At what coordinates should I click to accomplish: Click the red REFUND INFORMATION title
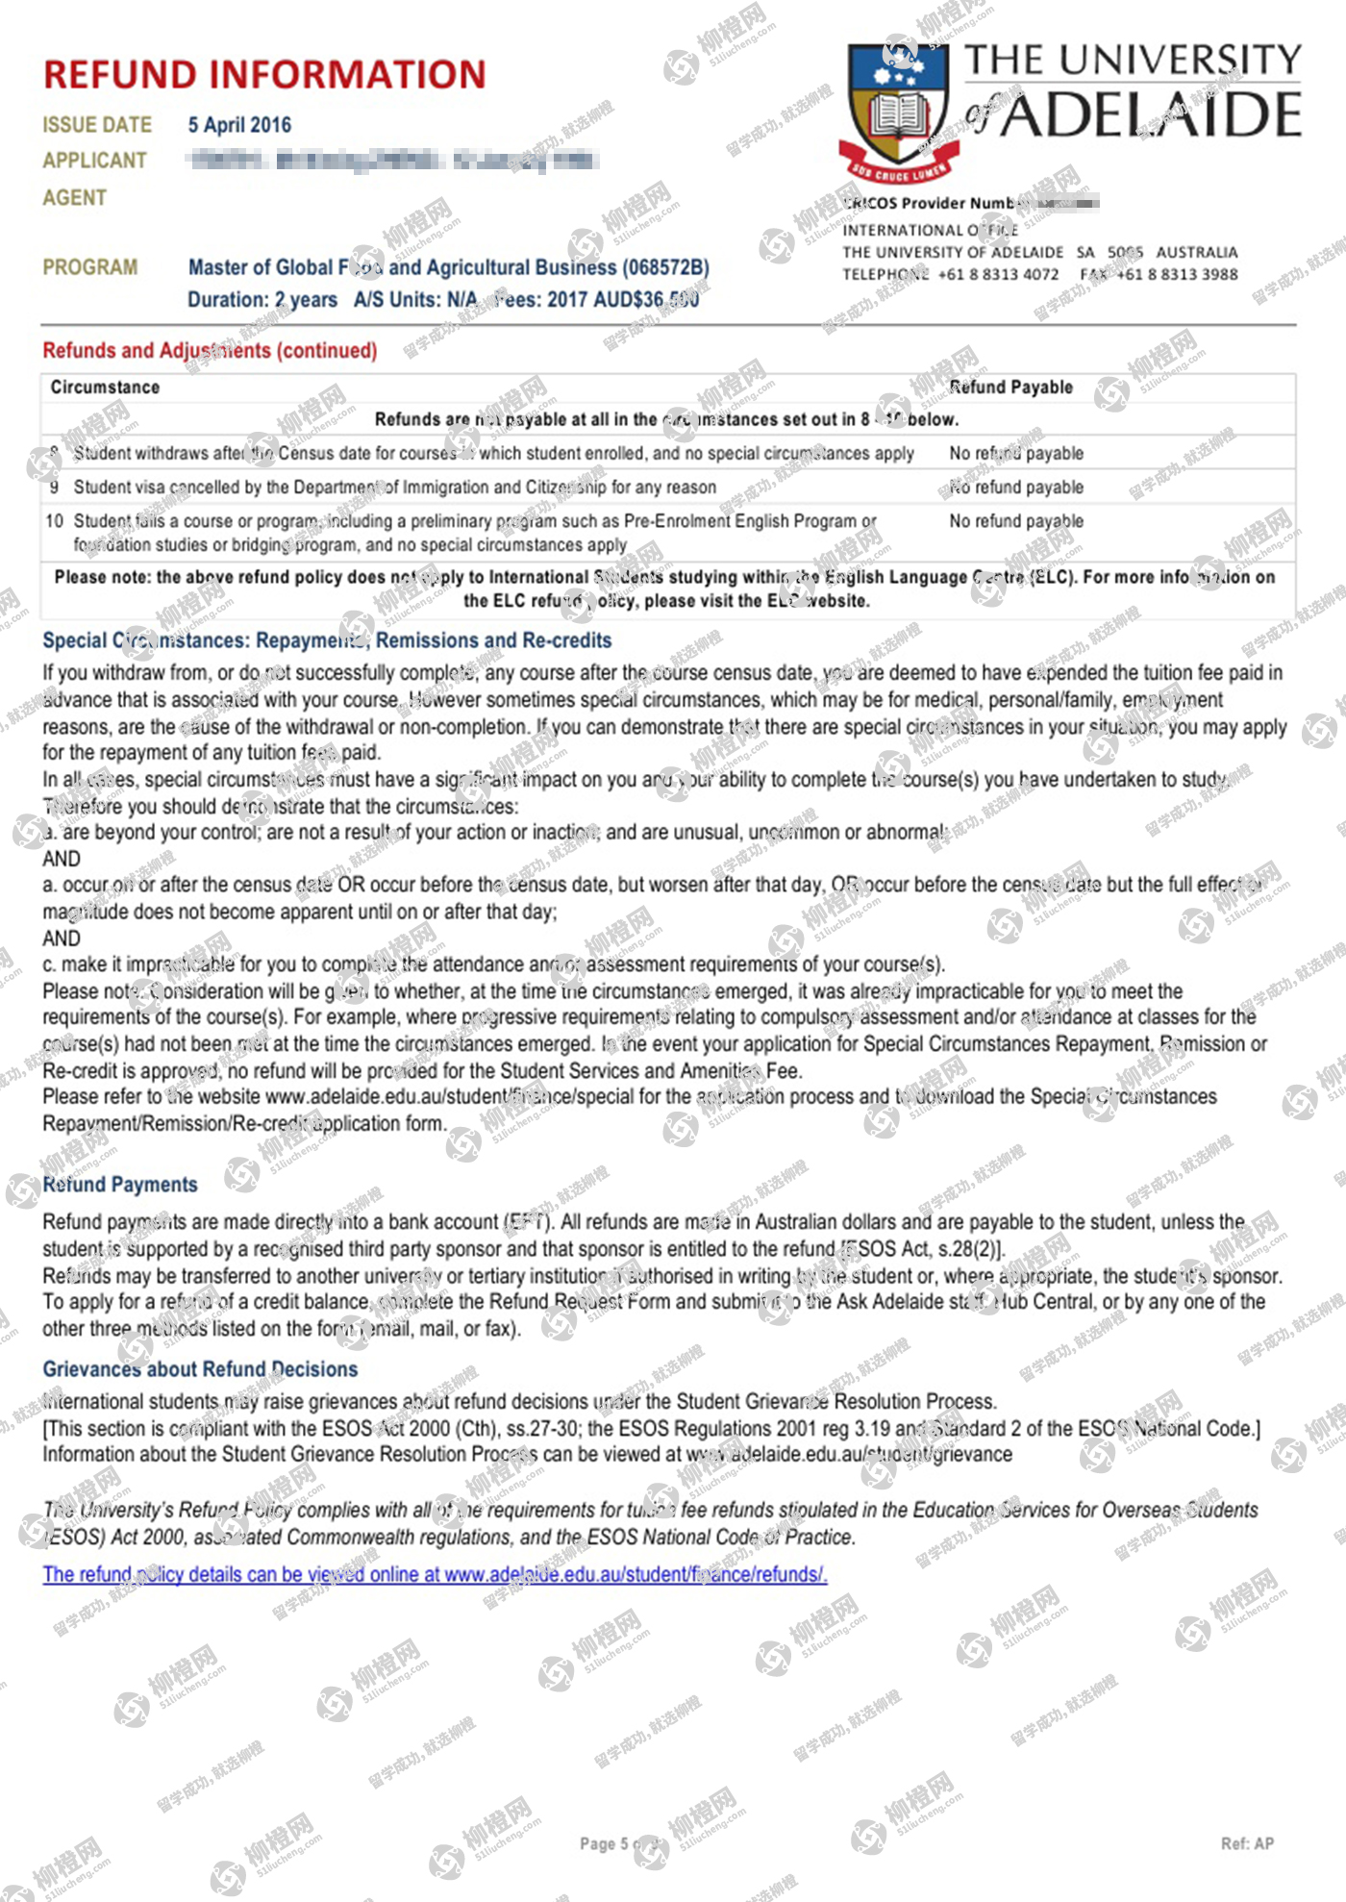(x=264, y=75)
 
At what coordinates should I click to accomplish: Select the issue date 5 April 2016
(x=239, y=125)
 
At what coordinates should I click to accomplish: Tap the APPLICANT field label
(x=94, y=161)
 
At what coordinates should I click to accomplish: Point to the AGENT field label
(x=74, y=198)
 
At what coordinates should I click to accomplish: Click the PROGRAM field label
(x=89, y=267)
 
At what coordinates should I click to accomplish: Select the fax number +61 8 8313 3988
(x=1177, y=274)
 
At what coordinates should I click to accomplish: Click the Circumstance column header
(x=105, y=388)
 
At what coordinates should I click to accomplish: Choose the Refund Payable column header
(x=1010, y=388)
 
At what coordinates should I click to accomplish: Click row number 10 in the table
(x=54, y=521)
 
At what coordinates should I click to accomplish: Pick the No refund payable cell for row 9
(x=1016, y=488)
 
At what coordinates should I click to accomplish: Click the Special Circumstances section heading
(x=327, y=640)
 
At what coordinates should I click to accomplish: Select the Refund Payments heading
(x=120, y=1185)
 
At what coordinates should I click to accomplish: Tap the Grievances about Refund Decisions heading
(x=200, y=1369)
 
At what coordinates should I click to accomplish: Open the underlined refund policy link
(x=435, y=1574)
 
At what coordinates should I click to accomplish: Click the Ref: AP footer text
(x=1247, y=1843)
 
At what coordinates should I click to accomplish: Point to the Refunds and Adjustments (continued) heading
(x=210, y=351)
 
